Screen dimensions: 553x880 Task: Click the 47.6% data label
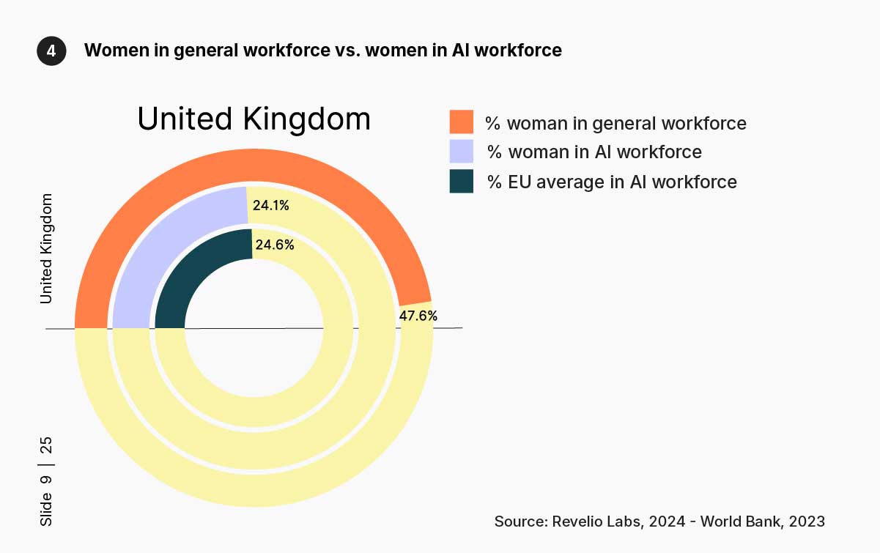pos(418,316)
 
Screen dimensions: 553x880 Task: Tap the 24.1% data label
pos(270,206)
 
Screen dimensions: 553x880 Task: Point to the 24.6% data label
pos(274,245)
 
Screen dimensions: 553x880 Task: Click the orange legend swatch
pos(461,122)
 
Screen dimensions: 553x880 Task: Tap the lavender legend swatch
pos(461,152)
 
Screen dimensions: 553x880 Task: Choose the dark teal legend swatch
pos(461,181)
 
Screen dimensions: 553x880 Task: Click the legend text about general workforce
pos(615,123)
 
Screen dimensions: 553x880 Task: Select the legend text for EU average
pos(612,182)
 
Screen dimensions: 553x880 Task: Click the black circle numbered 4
pos(51,51)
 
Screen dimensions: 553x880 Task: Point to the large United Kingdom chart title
pos(254,119)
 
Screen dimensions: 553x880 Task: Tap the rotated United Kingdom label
pos(47,248)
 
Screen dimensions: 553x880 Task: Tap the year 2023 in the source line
pos(807,522)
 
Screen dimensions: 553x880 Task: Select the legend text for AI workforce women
pos(594,152)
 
